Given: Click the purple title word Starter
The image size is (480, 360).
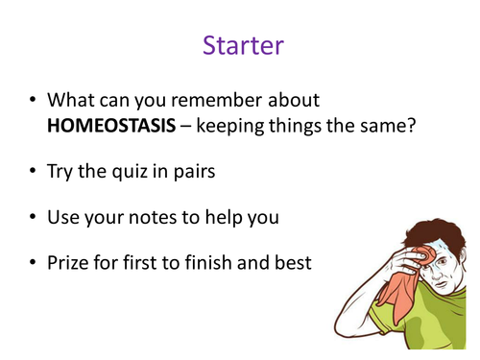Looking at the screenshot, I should coord(239,45).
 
